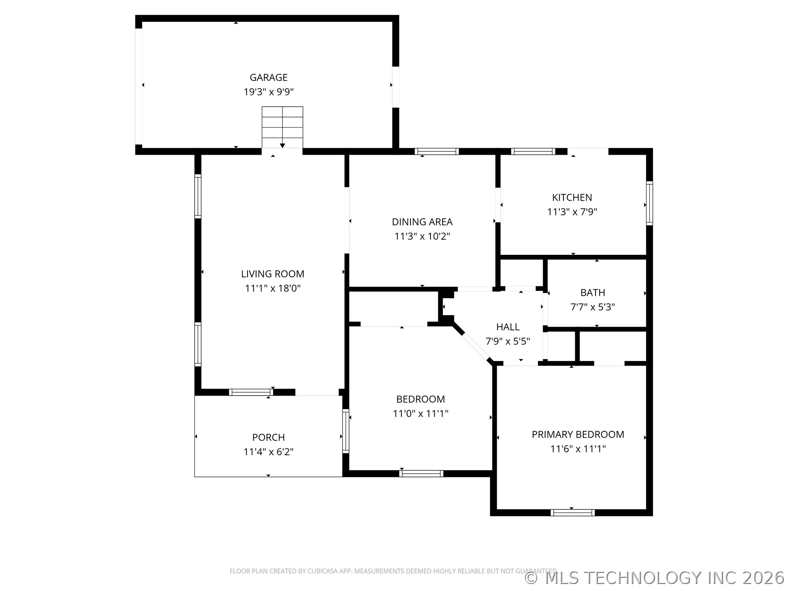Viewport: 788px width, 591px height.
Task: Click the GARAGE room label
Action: pos(268,77)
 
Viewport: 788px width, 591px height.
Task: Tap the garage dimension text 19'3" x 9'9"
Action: pos(268,92)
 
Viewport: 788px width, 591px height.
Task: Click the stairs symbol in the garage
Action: pos(282,127)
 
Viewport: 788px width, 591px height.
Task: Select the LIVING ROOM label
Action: pos(273,274)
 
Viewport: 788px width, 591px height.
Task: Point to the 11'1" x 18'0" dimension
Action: pos(273,288)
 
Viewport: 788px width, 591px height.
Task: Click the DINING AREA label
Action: pos(422,222)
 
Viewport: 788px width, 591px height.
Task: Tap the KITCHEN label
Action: pos(572,197)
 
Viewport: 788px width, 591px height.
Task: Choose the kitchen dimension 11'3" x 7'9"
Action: pos(572,212)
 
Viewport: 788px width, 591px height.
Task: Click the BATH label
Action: pos(593,293)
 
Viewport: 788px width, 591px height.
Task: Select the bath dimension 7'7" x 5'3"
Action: pos(593,307)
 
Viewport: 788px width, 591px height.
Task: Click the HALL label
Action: pos(508,327)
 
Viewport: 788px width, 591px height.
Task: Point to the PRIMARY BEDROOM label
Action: pos(578,434)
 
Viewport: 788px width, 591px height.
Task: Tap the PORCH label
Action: pos(268,437)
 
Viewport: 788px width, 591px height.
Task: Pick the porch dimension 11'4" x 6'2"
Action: pos(268,451)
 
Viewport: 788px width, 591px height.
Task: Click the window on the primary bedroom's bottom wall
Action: pos(572,513)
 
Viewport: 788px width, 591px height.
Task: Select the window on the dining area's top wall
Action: pos(437,151)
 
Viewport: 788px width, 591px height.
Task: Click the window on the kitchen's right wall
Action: pos(649,203)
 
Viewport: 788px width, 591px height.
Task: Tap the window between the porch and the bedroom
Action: pos(346,431)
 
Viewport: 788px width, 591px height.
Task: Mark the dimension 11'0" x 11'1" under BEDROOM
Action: pos(420,413)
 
